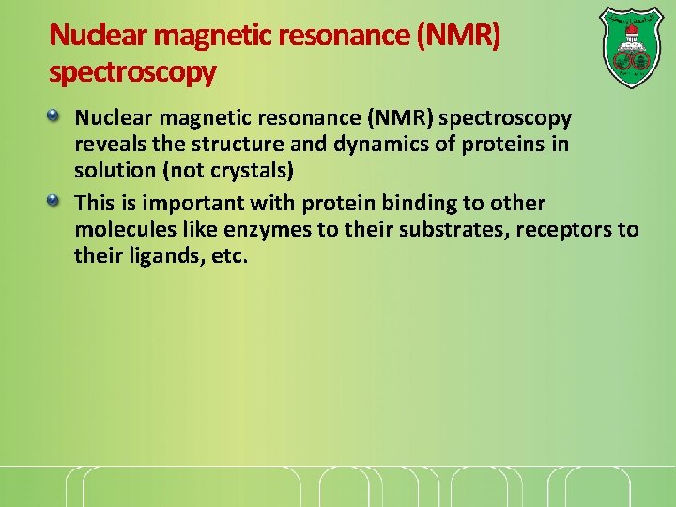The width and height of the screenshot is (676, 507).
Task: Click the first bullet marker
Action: click(55, 116)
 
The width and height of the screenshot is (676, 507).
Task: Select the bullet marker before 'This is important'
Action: click(55, 200)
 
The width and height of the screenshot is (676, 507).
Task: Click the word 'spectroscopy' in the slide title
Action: click(132, 70)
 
